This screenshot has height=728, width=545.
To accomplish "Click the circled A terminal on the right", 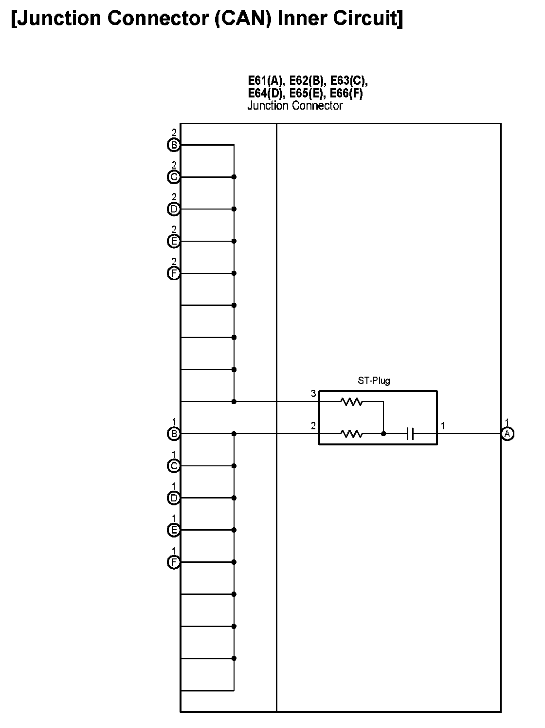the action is [507, 434].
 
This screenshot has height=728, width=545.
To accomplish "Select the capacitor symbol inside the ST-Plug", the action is [410, 434].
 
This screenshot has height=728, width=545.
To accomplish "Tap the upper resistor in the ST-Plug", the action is [351, 402].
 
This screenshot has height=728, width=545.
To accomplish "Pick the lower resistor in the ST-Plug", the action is [351, 434].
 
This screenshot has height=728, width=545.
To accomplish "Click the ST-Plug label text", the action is [374, 381].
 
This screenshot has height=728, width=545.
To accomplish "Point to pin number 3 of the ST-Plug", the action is [313, 394].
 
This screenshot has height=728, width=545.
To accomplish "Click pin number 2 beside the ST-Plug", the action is [313, 426].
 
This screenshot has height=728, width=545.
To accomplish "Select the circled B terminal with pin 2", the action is [174, 145].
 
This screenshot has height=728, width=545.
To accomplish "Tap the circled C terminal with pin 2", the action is [174, 177].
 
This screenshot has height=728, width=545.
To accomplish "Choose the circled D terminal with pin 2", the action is [174, 209].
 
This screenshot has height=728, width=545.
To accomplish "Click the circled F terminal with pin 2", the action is [174, 273].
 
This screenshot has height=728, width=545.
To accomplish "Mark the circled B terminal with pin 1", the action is [174, 434].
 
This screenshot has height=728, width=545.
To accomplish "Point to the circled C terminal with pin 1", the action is [174, 466].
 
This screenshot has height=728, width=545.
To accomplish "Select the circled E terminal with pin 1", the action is [174, 530].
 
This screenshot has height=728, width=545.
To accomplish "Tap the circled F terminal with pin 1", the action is [174, 562].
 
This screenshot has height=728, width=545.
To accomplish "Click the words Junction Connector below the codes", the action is [295, 106].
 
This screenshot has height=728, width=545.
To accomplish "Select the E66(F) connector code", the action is [346, 93].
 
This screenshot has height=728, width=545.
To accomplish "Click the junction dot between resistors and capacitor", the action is [383, 434].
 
